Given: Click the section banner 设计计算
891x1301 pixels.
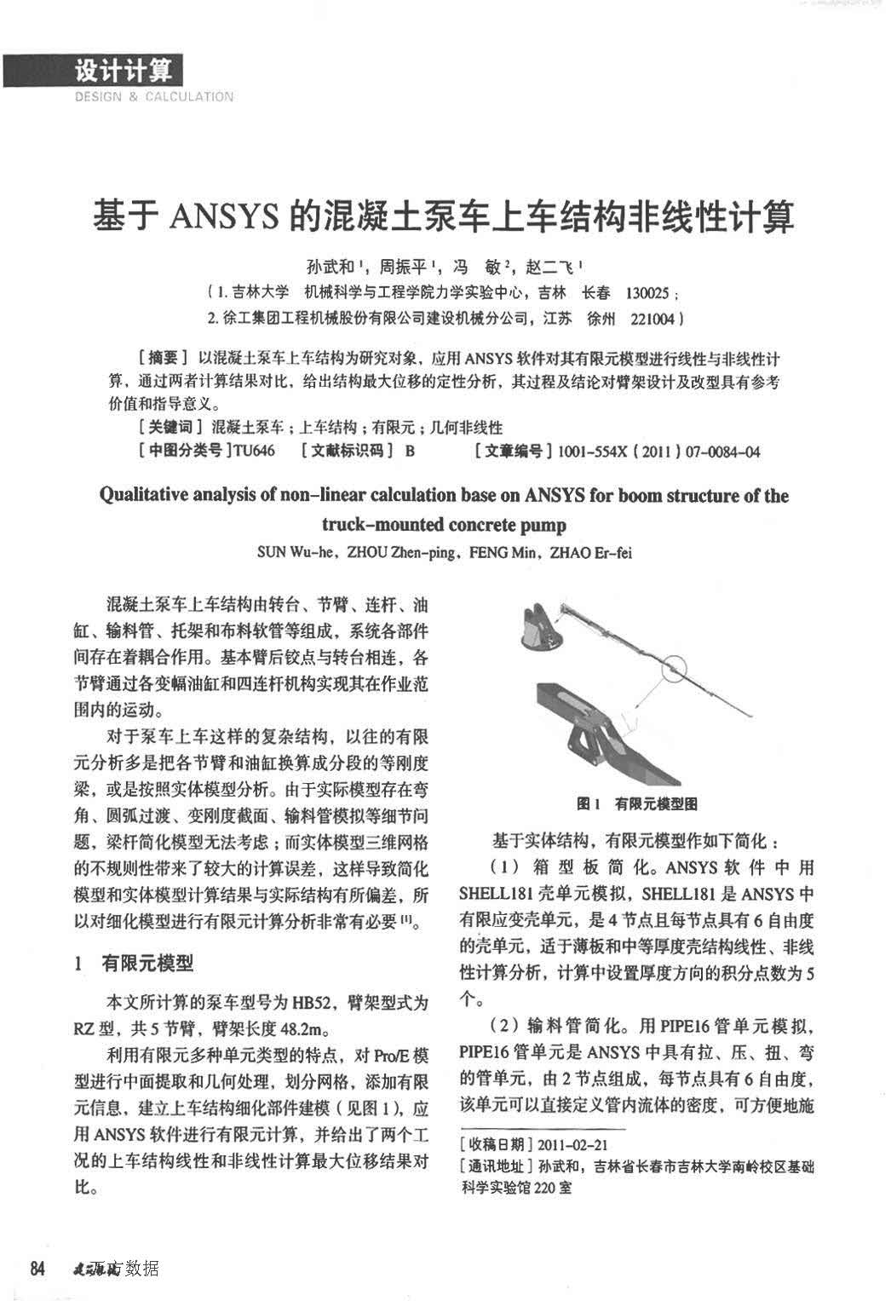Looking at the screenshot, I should coord(123,70).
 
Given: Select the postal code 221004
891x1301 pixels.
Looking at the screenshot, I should coord(652,319).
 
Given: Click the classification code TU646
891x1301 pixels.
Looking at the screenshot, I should coord(255,450).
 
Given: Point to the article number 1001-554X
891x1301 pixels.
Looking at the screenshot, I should coord(589,451).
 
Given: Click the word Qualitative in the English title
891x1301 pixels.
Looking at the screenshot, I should coord(141,496).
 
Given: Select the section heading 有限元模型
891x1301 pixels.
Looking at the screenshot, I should coord(147,964).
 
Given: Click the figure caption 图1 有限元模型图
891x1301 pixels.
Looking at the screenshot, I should coord(637,803).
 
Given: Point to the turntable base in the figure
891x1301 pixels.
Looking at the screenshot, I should coord(542,626).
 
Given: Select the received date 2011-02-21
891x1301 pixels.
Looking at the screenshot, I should coord(572,1145).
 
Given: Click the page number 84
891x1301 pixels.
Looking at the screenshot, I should coord(37,1268).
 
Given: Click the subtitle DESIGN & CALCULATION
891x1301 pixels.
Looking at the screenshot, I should coord(153,97).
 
